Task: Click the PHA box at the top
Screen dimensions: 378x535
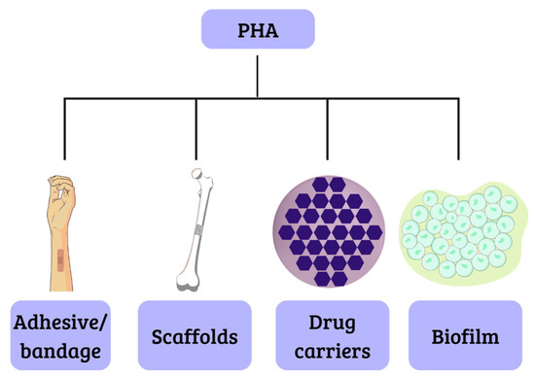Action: point(258,29)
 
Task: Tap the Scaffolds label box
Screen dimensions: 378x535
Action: point(196,337)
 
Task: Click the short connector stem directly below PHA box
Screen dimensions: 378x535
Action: point(258,73)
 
